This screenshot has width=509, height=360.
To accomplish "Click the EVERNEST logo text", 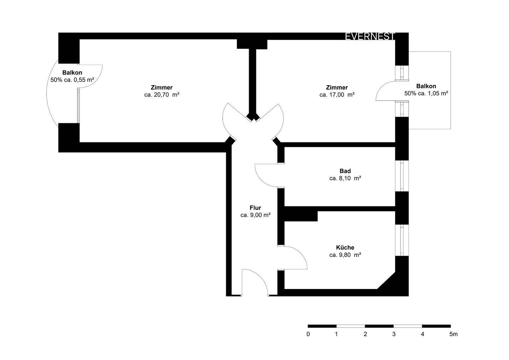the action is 370,36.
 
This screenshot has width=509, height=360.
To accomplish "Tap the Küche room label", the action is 345,248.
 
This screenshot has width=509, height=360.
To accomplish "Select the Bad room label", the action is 345,171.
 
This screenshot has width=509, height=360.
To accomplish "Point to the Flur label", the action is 255,208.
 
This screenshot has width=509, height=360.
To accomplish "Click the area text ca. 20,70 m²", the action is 162,95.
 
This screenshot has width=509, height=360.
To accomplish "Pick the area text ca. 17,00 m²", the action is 337,95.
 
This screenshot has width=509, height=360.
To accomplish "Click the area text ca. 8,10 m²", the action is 345,178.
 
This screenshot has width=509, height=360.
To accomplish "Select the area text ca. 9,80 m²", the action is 345,255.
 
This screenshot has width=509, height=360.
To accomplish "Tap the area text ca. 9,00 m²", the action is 255,215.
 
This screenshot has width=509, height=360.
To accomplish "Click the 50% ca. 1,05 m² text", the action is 426,93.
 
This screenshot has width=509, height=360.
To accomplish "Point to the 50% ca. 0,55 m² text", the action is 72,80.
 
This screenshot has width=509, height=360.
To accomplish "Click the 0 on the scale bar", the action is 308,334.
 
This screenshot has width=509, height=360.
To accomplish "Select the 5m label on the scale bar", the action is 453,334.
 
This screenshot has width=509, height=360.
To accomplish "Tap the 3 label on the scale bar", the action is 394,334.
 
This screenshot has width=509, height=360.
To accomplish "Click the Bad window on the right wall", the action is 402,176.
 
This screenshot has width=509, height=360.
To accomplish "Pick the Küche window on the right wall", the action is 402,240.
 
